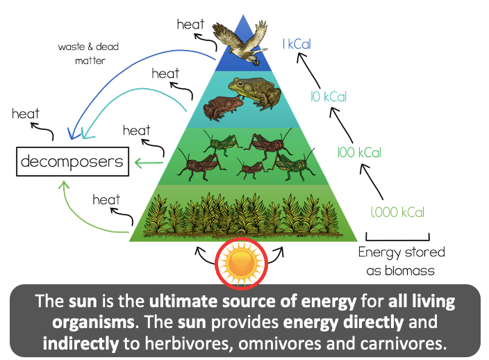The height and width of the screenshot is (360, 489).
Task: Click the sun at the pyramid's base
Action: click(242, 263)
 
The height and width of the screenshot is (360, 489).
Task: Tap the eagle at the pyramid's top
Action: click(240, 42)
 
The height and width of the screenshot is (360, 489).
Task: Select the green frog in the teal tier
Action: click(255, 92)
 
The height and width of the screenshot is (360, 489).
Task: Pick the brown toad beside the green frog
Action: click(223, 108)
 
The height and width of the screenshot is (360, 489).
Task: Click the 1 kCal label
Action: click(297, 44)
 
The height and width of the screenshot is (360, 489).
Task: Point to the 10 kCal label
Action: click(329, 97)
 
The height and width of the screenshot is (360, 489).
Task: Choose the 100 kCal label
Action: click(359, 152)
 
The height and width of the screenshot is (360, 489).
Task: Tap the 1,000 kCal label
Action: click(397, 212)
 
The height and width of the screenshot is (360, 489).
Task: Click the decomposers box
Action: click(73, 162)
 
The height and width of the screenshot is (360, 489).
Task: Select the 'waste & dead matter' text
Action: click(89, 54)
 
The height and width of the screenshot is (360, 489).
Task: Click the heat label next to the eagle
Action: click(190, 24)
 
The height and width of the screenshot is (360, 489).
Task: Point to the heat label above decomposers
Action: click(26, 114)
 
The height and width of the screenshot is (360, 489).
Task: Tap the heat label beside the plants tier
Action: click(106, 199)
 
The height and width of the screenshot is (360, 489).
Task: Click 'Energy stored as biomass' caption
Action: click(401, 261)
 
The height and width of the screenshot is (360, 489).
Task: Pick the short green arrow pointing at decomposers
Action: click(149, 163)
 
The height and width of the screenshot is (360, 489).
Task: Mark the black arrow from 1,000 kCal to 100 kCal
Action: click(371, 181)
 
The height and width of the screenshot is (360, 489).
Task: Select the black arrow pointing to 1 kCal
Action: click(308, 70)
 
